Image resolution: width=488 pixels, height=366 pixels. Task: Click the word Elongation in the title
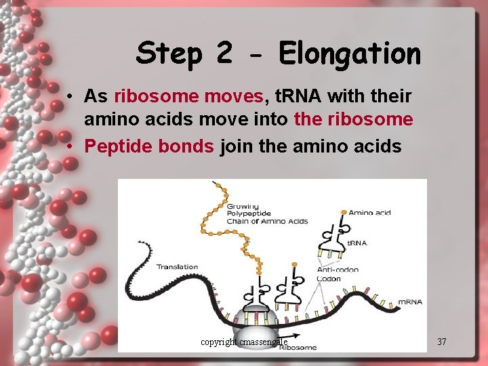click(x=349, y=54)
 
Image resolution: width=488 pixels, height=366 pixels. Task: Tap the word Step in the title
click(x=169, y=54)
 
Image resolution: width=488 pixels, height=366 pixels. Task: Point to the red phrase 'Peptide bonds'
click(x=149, y=146)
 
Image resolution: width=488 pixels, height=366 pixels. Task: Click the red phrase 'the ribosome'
click(x=353, y=120)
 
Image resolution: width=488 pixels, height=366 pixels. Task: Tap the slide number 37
click(x=442, y=342)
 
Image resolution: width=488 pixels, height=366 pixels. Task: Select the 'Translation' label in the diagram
click(x=178, y=266)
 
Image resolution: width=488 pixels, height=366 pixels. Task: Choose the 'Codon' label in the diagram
click(x=329, y=278)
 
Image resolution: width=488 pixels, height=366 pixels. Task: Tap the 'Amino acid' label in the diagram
click(x=369, y=213)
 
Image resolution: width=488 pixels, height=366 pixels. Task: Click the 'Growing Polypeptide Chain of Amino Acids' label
click(x=266, y=213)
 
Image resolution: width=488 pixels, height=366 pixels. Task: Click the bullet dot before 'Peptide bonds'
click(x=71, y=146)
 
